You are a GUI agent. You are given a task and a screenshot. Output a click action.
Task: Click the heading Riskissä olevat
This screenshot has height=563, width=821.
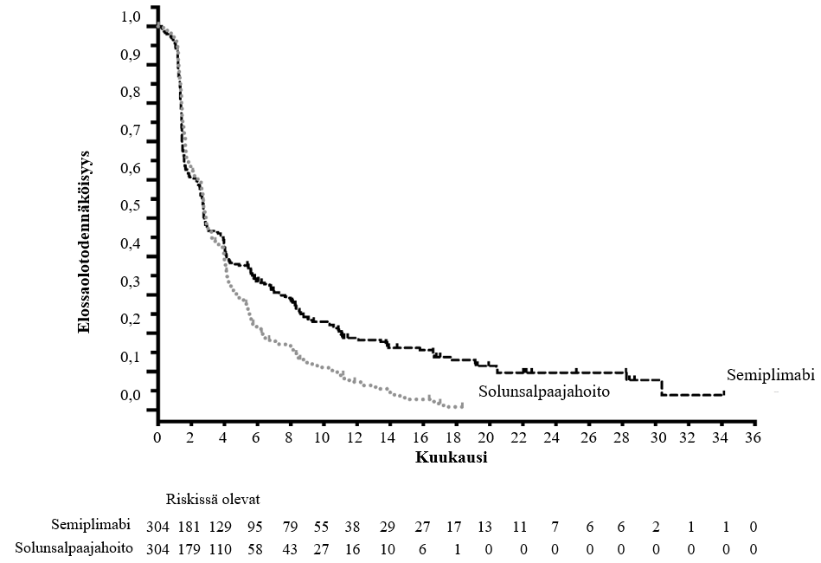pos(214,498)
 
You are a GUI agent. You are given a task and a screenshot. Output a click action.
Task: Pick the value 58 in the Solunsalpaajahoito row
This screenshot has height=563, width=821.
pos(256,547)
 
